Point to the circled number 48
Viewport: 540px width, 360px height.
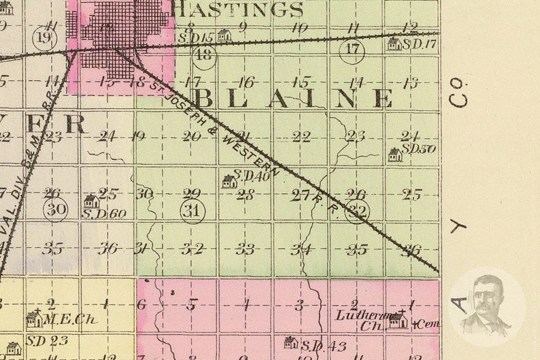click(x=203, y=55)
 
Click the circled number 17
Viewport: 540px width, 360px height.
click(x=352, y=49)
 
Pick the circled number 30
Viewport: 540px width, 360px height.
click(x=55, y=209)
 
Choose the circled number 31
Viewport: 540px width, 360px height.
click(x=193, y=212)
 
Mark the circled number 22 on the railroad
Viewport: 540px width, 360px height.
click(x=356, y=212)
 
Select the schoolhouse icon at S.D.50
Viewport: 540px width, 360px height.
click(x=394, y=155)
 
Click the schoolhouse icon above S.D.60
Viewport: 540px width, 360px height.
click(x=91, y=201)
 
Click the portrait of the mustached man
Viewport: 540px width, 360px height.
click(x=486, y=305)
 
